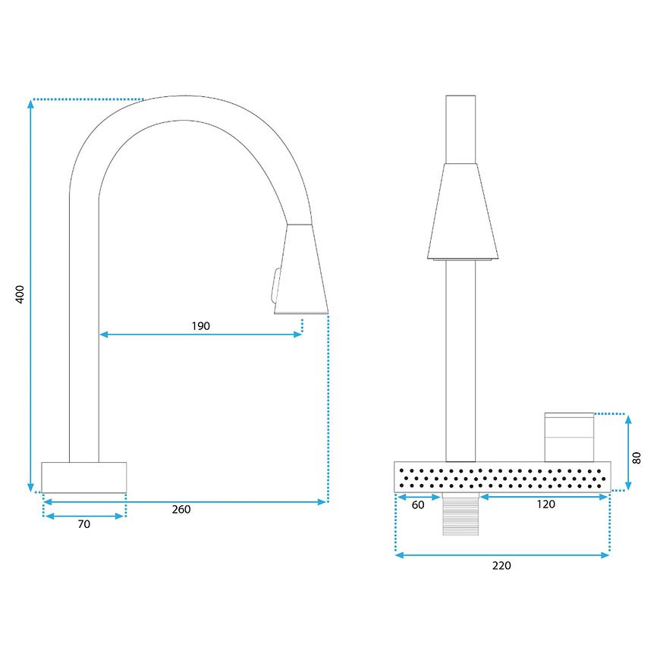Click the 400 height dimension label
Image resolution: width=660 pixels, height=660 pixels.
coord(20,294)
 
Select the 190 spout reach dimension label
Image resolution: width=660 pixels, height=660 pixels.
coord(201,325)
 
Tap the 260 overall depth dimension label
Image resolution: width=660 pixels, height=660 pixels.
coord(181,509)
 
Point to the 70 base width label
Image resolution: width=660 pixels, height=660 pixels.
coord(84,524)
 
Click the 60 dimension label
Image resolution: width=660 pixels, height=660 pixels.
coord(418,505)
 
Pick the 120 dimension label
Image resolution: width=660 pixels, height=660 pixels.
coord(546,504)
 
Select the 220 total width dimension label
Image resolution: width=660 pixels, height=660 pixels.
coord(501,566)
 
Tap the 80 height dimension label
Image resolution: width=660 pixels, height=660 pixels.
coord(636,458)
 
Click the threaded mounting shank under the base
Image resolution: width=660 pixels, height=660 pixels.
coord(460,514)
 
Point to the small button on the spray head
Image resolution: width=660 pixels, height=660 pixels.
coord(276,285)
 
